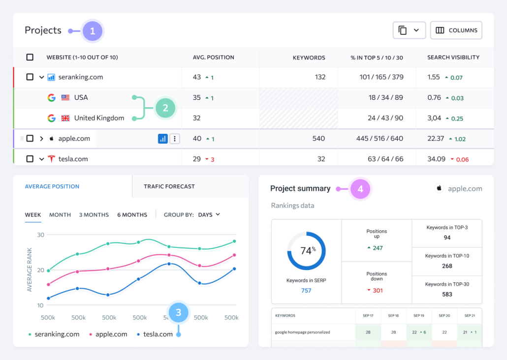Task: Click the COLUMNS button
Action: point(456,30)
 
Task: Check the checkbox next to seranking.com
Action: point(30,77)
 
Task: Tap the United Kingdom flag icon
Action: point(65,118)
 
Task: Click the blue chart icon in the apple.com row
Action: point(162,139)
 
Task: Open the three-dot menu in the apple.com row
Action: point(175,139)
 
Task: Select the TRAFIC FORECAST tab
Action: point(169,186)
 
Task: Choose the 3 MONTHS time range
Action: point(94,215)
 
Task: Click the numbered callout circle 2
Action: point(165,108)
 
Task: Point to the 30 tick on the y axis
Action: point(40,235)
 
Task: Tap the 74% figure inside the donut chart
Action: point(308,250)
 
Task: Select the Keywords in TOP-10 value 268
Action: point(447,266)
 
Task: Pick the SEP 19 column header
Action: point(419,315)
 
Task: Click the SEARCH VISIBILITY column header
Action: point(453,58)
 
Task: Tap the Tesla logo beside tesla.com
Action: point(51,159)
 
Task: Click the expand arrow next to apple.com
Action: point(41,139)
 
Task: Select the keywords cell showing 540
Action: point(318,139)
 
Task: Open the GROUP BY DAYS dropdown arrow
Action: point(218,214)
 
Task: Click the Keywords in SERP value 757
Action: point(306,291)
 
